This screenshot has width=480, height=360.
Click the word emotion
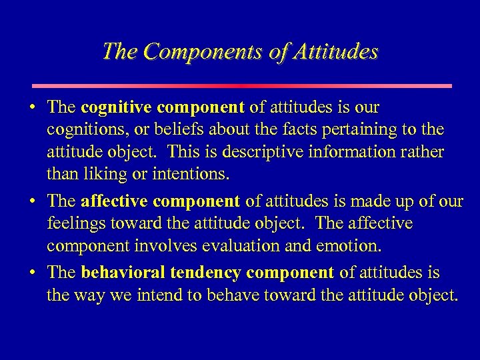351,245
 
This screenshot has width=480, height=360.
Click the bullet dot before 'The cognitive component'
33,107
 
